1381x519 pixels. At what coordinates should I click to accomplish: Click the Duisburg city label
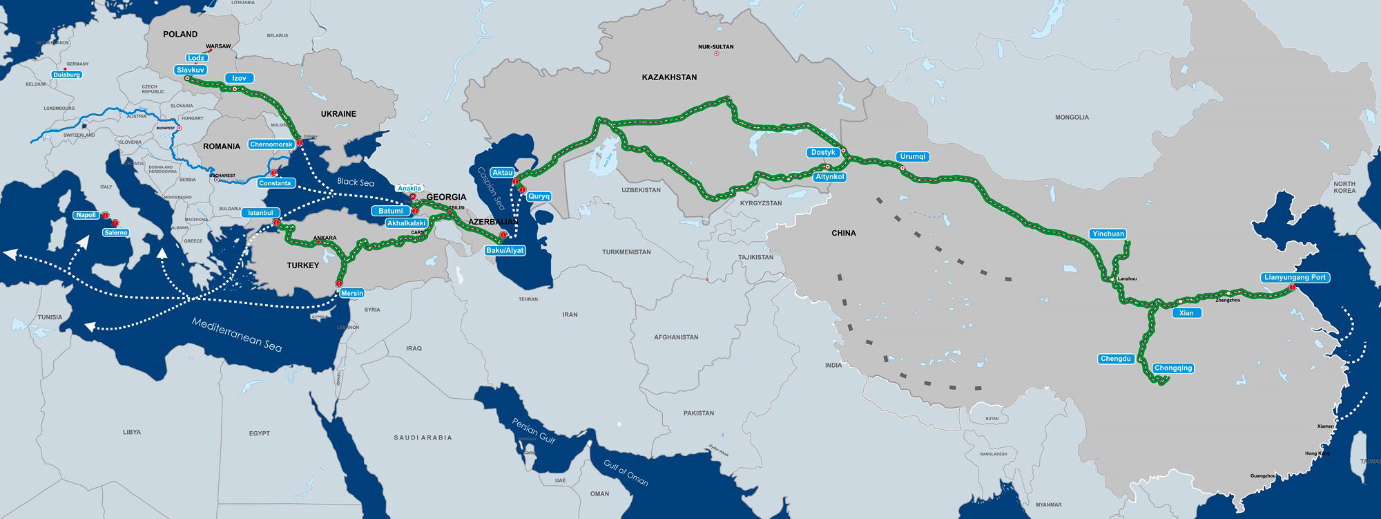coord(67,75)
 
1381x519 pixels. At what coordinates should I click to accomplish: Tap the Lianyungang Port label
coord(1295,277)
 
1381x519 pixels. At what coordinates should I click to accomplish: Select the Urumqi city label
coord(912,156)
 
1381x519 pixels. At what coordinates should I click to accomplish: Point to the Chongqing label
coord(1173,368)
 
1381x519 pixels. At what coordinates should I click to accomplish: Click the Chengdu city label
coord(1116,359)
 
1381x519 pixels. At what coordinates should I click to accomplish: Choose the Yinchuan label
coord(1108,234)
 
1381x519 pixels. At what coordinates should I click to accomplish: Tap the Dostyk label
coord(823,152)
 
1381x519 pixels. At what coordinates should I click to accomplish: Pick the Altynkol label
coord(829,177)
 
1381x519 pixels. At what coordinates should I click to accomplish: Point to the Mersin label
coord(351,293)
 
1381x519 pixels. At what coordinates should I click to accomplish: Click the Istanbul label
coord(261,213)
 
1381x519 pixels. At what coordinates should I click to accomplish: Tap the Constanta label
coord(276,183)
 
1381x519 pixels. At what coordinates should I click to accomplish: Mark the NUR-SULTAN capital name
coord(716,46)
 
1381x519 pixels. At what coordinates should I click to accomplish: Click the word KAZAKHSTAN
coord(669,77)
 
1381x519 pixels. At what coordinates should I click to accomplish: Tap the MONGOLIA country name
coord(1072,117)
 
